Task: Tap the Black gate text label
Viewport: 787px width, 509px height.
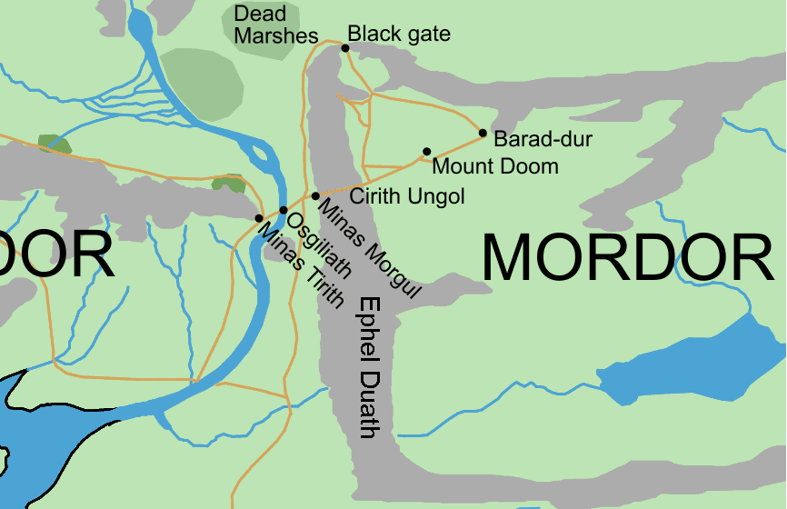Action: coord(399,35)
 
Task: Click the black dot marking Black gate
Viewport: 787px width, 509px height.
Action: coord(345,48)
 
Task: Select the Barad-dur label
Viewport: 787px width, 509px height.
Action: coord(543,140)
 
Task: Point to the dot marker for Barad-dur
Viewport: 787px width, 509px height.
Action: coord(483,134)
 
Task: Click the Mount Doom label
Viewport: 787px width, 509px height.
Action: coord(495,167)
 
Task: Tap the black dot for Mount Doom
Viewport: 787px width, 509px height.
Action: coord(426,152)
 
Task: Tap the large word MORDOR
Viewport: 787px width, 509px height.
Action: coord(627,257)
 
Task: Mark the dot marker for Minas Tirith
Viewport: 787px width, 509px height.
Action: coord(259,218)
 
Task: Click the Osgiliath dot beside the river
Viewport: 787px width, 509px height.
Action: coord(284,211)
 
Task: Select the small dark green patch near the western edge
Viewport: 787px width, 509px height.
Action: coord(55,144)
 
